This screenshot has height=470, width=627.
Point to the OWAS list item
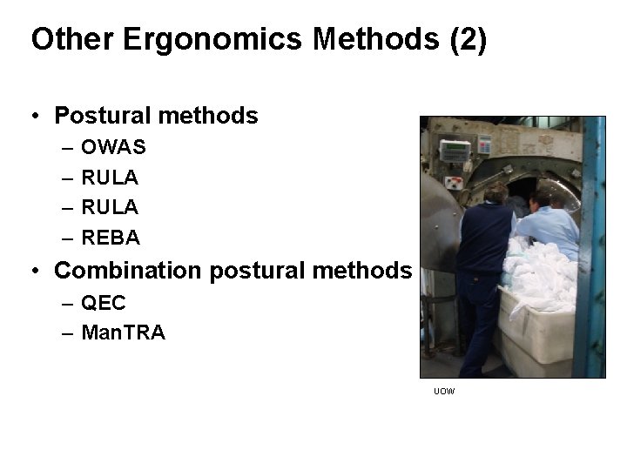(x=113, y=148)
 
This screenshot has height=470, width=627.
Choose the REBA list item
(x=111, y=237)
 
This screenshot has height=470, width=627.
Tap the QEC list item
(x=104, y=303)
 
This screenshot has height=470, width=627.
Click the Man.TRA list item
(x=123, y=332)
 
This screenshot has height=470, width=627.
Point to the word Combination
(x=130, y=271)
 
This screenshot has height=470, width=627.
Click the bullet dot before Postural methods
(x=35, y=116)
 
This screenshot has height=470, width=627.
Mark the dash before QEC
(x=68, y=303)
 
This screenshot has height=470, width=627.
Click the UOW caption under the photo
(x=444, y=392)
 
